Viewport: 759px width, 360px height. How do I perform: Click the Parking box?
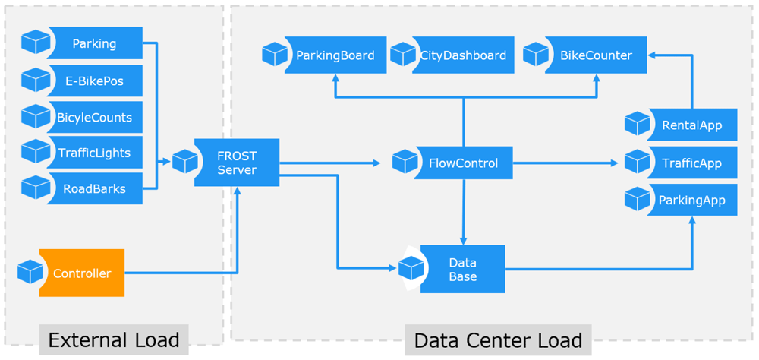[94, 43]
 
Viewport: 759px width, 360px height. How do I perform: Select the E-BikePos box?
[94, 81]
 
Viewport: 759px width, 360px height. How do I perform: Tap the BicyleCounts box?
[94, 117]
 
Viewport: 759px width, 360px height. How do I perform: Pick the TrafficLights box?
[94, 153]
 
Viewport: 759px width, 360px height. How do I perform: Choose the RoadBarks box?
[94, 188]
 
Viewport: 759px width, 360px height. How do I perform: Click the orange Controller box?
[82, 273]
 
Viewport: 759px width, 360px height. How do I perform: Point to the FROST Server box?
[237, 163]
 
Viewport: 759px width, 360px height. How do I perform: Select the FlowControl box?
[463, 163]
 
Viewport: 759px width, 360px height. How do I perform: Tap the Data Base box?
[462, 269]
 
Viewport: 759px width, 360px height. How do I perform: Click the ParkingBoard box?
[335, 55]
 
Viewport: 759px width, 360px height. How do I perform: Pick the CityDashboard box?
[463, 55]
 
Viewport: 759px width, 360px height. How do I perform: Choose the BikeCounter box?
[596, 55]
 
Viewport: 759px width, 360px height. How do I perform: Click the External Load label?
[114, 339]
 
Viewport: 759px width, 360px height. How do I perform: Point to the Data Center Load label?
[498, 339]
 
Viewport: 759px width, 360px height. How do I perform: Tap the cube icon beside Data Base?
[411, 268]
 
